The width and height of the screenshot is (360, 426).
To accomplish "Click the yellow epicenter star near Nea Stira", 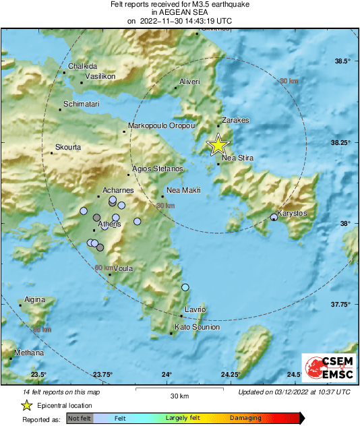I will coord(218,145).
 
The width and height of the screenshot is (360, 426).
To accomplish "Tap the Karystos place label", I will coord(293,213).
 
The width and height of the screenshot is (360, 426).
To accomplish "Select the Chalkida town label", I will coord(83,66).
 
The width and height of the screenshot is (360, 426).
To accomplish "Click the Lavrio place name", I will coord(195,309).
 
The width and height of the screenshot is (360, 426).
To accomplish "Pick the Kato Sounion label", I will coord(197,327).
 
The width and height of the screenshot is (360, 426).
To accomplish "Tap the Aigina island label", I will coord(34,299).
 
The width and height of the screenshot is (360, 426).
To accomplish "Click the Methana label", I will coord(29,353).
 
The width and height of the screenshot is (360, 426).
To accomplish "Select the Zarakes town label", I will coord(235,120).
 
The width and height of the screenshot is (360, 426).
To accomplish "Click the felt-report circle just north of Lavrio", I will coord(185,288).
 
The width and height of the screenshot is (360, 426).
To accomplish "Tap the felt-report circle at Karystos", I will coord(274,217).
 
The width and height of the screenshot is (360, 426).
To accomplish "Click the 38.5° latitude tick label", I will coord(344,61).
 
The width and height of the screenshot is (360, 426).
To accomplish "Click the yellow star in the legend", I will coord(27,405).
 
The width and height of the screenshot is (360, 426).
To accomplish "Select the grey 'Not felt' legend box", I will coord(80,418).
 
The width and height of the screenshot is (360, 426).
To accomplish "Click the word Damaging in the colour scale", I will coord(246,418).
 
